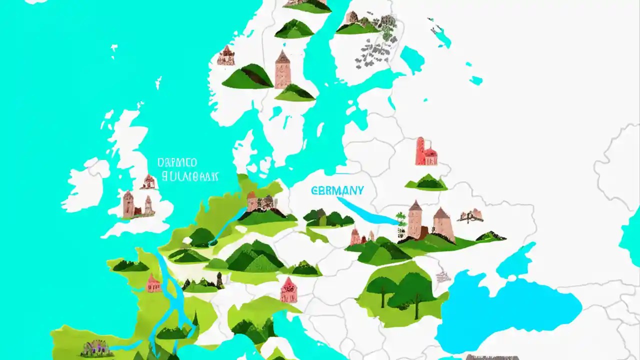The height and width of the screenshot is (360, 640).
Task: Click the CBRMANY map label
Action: pos(337,190)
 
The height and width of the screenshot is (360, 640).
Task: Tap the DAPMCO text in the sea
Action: pos(177,162)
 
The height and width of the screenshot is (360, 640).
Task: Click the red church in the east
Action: pos(426,152)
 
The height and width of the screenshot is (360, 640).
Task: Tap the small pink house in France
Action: pos(153,283)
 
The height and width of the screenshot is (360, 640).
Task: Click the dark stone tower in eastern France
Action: pos(219,280)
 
